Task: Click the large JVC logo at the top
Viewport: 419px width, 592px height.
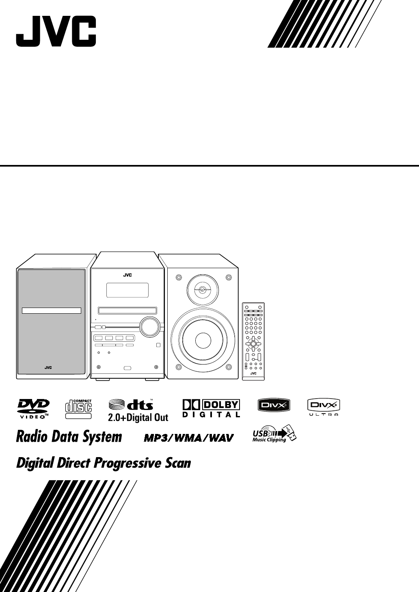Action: coord(56,32)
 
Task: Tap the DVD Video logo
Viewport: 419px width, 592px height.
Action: coord(33,408)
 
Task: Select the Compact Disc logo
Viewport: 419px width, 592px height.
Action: coord(79,408)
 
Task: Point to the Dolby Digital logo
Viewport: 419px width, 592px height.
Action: coord(211,408)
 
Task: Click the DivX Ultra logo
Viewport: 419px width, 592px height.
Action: coord(324,407)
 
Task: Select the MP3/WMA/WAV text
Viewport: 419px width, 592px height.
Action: coord(189,438)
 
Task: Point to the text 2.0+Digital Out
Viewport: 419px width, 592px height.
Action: coord(138,417)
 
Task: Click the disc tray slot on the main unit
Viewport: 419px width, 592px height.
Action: coord(127,311)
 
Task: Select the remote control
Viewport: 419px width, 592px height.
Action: coord(253,341)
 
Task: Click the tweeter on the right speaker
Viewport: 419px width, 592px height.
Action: coord(202,290)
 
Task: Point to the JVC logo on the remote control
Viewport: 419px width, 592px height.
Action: coord(253,373)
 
